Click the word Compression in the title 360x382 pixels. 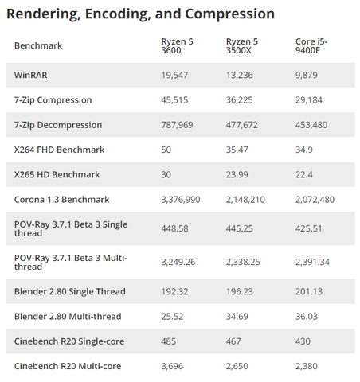coord(229,14)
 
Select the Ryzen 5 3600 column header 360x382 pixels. coord(177,45)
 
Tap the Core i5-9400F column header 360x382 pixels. coord(311,45)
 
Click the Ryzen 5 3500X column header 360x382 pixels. coord(241,45)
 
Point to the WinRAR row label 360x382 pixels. coord(30,75)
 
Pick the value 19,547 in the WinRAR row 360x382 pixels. coord(174,75)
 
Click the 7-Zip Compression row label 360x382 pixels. coord(53,100)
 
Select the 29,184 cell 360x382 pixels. coord(308,100)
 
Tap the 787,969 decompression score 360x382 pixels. coord(177,125)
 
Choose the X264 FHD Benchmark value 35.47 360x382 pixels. coord(237,150)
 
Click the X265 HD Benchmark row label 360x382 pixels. coord(57,175)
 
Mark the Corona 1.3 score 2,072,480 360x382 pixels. coord(315,200)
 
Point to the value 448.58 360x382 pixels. coord(174,228)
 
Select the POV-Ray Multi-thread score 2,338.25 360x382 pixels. coord(243,262)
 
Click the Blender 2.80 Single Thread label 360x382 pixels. coord(69,291)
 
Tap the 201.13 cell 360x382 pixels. coord(309,291)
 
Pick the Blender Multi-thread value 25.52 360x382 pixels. coord(172,317)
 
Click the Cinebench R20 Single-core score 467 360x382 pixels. coord(233,341)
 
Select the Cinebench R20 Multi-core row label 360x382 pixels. coord(68,366)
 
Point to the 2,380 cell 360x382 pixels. coord(306,366)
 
